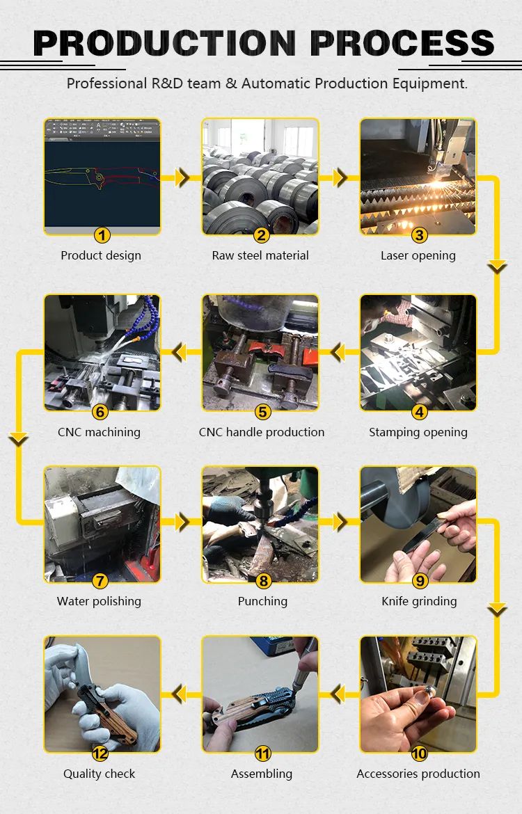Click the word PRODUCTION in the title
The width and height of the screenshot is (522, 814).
164,43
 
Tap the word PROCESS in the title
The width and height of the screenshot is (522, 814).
402,43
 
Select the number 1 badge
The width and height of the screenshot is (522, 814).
102,235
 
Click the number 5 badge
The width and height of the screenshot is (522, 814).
263,412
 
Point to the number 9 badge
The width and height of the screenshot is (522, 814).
420,581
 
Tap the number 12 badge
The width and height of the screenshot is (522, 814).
100,753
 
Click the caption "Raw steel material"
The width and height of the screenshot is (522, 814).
260,255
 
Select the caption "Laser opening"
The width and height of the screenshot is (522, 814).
418,255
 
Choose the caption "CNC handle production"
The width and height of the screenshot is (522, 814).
261,432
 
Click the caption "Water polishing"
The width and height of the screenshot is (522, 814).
99,601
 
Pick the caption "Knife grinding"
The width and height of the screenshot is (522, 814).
419,601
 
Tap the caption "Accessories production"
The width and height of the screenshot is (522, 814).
418,774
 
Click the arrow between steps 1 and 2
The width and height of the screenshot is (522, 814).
182,177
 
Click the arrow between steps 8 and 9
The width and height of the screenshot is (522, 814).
340,522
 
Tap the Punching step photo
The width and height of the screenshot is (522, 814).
260,524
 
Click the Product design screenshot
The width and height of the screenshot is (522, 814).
102,177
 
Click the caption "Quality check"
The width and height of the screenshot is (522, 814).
100,774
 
